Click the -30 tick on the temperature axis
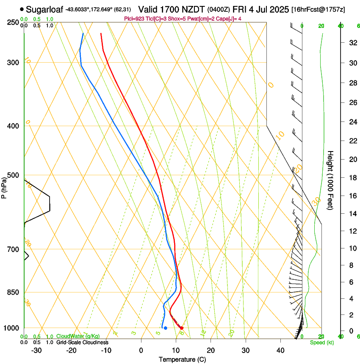click(x=36, y=350)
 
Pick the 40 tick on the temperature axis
click(x=280, y=350)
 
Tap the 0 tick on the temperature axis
click(x=141, y=350)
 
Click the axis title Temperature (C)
click(x=182, y=359)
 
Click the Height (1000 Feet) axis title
click(x=331, y=180)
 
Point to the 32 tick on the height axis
click(x=352, y=43)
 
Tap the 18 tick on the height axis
click(x=352, y=178)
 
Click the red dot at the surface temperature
click(x=181, y=328)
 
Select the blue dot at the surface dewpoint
click(x=166, y=328)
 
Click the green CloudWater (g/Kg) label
click(x=78, y=336)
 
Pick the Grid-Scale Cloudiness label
click(x=82, y=342)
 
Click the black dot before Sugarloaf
click(x=22, y=9)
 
